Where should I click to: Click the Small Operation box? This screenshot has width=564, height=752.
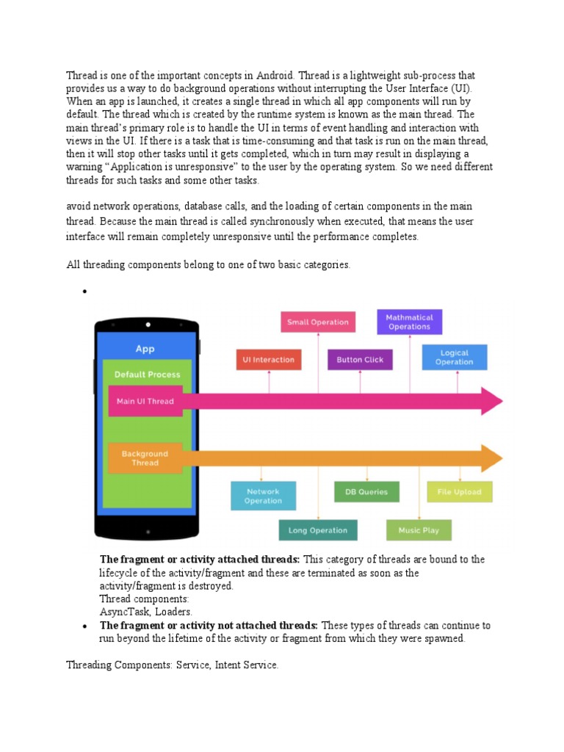click(318, 322)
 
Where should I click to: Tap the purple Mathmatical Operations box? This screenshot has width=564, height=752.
click(409, 322)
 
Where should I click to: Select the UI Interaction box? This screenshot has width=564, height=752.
click(269, 360)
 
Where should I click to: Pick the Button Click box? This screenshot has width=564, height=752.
click(360, 360)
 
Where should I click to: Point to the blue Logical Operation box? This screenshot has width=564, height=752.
click(455, 358)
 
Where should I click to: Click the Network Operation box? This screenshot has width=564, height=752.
click(263, 496)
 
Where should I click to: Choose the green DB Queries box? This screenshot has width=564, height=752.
click(366, 492)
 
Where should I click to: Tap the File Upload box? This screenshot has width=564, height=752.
click(460, 492)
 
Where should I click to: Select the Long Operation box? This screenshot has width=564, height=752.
click(318, 530)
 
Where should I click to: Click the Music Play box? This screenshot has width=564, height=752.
click(419, 530)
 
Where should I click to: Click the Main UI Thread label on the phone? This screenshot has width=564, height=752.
click(145, 401)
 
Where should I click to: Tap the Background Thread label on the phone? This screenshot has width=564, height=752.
click(145, 458)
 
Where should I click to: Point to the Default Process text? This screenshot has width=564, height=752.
click(148, 375)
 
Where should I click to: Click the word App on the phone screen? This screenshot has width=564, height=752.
click(145, 349)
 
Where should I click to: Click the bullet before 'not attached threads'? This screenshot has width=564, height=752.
click(85, 626)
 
